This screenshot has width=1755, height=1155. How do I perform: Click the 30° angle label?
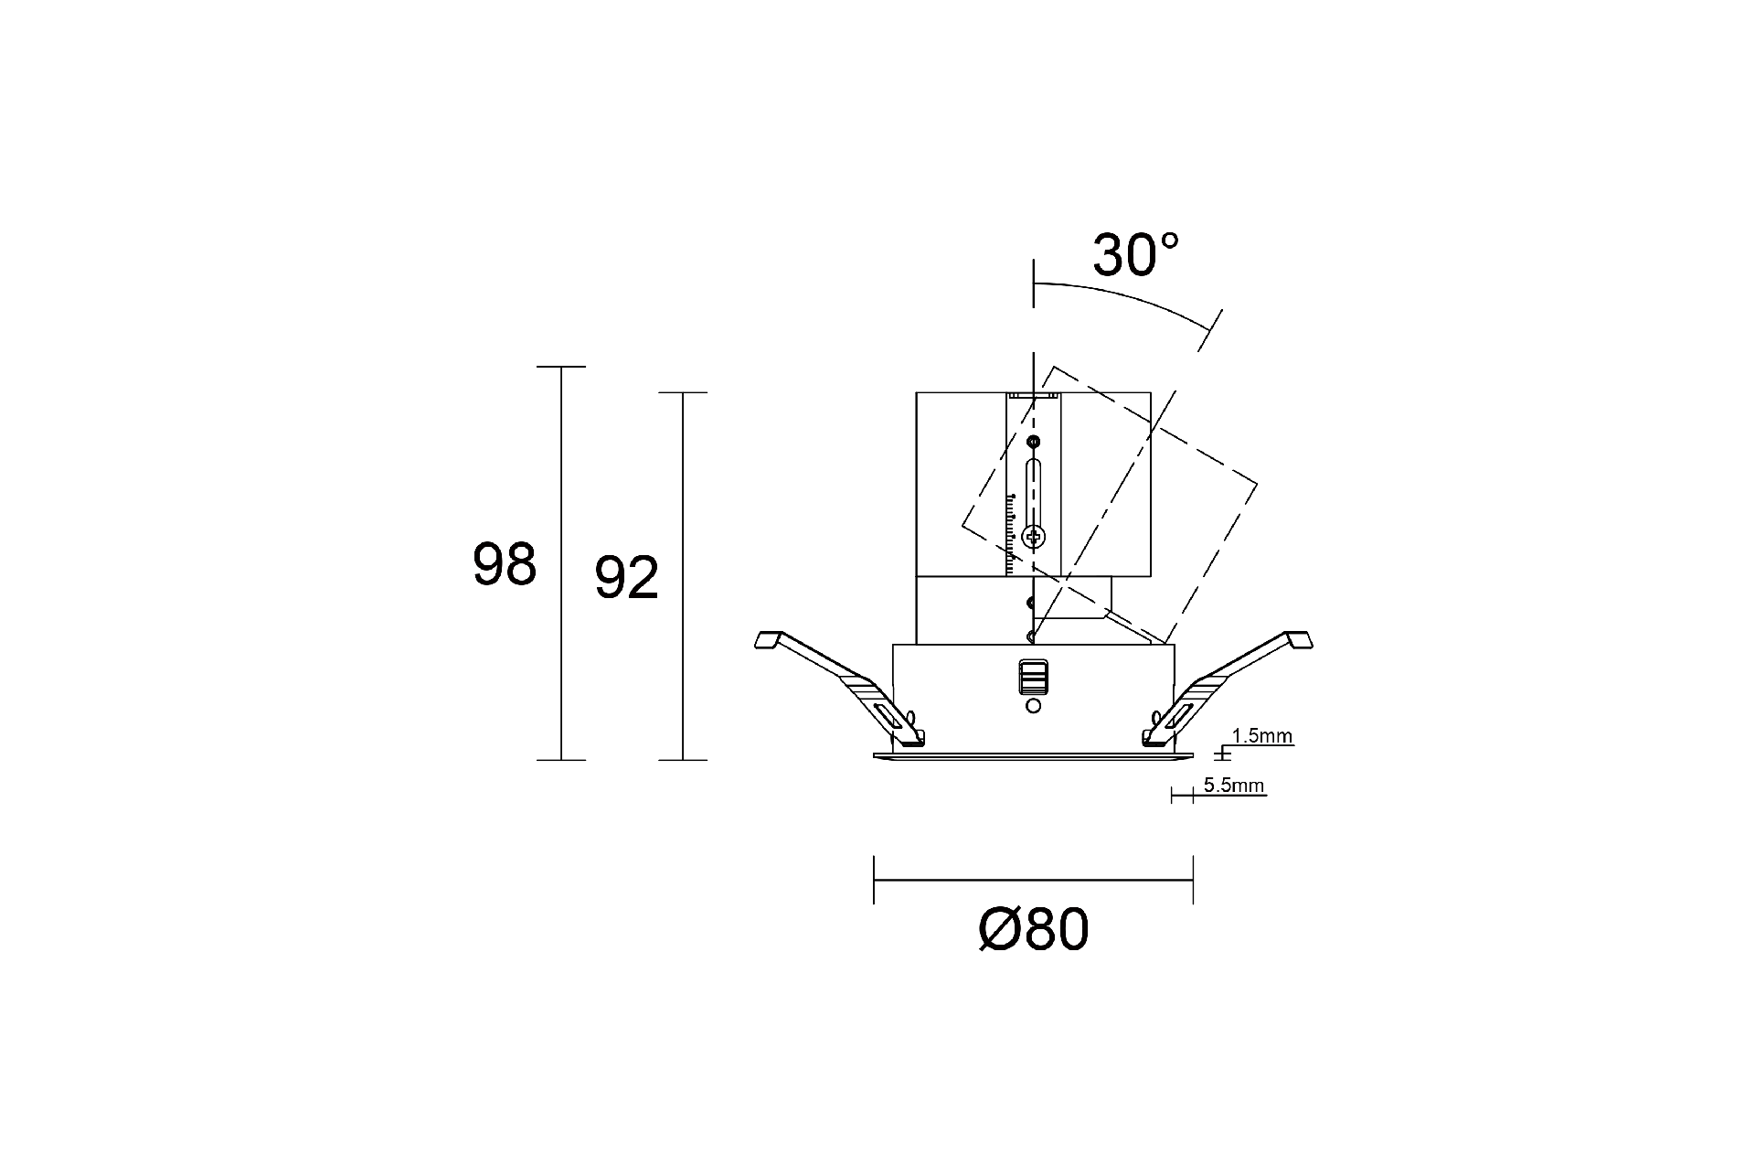tap(1136, 255)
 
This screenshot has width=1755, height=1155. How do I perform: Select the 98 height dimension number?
tap(504, 564)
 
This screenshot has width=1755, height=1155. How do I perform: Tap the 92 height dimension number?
tap(626, 578)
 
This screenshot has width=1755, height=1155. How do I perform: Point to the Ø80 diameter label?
tap(1034, 930)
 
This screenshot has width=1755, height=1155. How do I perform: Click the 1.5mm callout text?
tap(1261, 735)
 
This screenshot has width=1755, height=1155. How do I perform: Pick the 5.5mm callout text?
tap(1233, 785)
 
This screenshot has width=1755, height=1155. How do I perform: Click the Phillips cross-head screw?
tap(1035, 537)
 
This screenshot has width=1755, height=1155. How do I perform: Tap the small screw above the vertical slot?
tap(1034, 443)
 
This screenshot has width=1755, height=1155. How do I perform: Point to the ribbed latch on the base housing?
tap(1033, 679)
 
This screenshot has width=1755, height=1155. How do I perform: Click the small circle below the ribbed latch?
tap(1034, 706)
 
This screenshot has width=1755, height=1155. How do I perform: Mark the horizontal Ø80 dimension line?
tap(1033, 880)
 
